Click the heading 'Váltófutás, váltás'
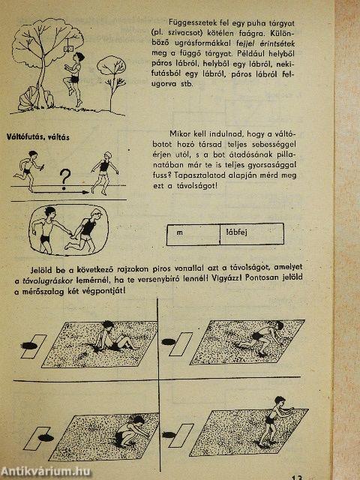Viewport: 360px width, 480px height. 38,136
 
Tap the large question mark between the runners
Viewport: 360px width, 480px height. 65,178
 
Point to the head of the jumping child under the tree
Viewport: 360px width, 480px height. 79,56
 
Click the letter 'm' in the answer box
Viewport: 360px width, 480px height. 180,232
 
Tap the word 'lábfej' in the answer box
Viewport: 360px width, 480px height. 237,232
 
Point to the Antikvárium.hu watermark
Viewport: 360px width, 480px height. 46,472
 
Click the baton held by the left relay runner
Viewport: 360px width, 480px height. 42,166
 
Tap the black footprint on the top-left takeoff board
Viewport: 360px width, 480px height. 28,346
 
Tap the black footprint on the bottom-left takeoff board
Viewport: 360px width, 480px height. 46,438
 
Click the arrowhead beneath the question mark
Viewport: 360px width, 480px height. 85,192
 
